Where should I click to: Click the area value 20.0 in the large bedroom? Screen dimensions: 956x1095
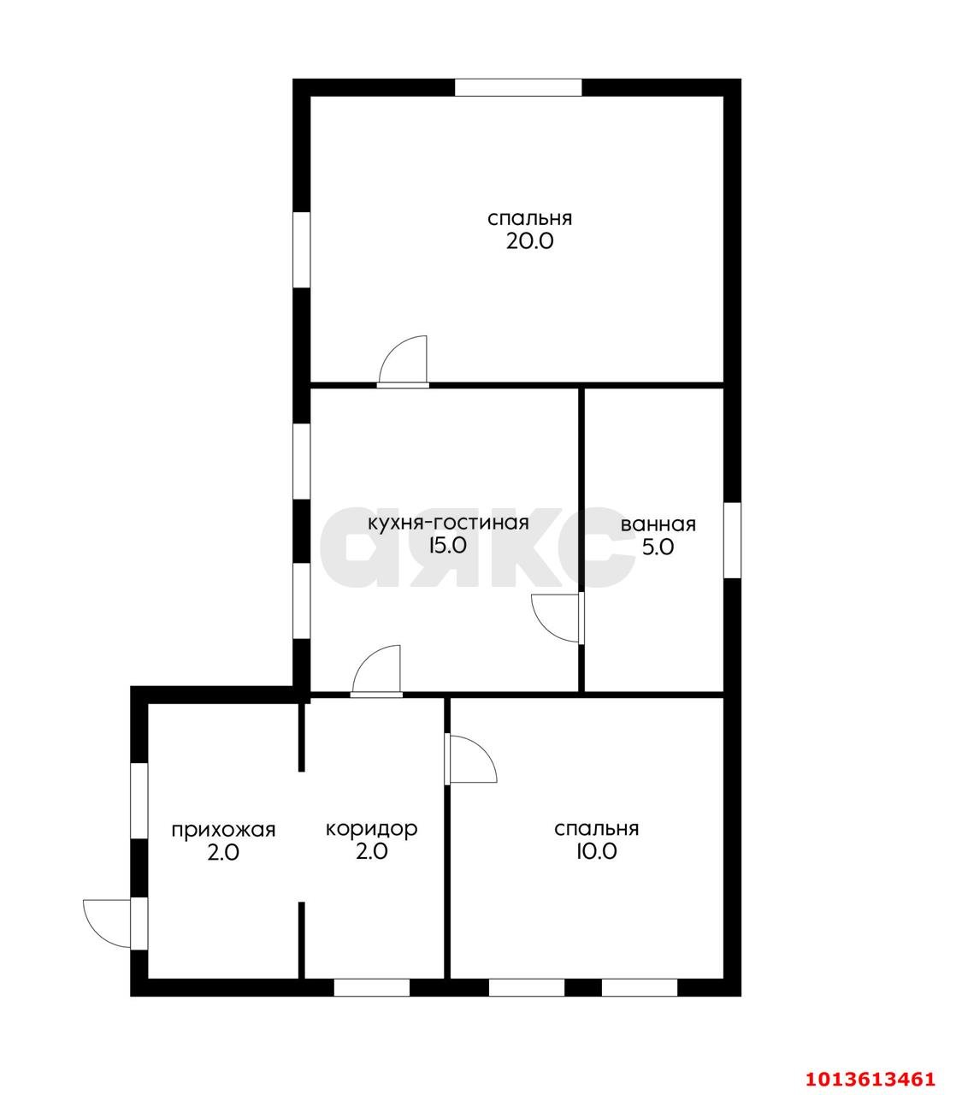529,242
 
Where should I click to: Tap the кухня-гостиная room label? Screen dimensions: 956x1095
448,523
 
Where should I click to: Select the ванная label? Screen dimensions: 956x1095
658,524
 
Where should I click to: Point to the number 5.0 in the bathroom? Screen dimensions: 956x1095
658,547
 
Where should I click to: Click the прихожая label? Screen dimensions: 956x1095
223,830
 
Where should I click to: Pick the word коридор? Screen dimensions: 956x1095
372,829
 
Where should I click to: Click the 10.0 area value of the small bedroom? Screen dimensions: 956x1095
596,851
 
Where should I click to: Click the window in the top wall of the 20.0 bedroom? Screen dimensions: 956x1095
518,88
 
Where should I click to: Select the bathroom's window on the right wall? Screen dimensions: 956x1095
732,540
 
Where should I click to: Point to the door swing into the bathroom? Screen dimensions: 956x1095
555,619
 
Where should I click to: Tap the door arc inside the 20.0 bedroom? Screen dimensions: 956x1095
403,358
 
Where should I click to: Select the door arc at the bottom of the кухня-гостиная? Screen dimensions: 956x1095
376,669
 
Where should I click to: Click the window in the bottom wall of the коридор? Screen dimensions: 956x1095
372,987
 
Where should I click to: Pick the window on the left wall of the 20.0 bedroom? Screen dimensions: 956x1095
302,250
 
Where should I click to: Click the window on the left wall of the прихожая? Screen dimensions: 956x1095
139,802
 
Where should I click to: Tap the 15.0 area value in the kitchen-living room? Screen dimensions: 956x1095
447,545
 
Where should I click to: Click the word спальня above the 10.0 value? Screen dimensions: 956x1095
596,829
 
